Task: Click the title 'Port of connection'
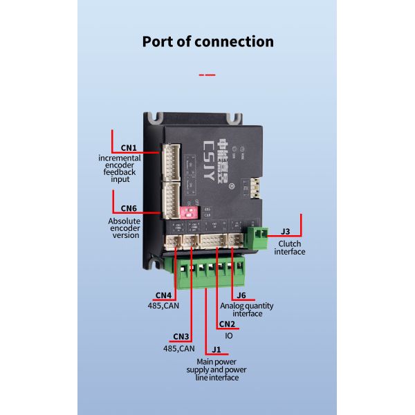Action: (x=207, y=41)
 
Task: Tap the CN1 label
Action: (x=129, y=147)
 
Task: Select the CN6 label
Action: (x=129, y=208)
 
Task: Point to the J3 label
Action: (x=286, y=232)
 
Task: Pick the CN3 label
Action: (x=181, y=337)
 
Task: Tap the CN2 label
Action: (x=227, y=324)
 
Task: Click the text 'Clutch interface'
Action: (x=289, y=248)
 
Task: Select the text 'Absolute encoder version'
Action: (x=124, y=228)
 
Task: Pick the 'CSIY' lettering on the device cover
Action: (x=209, y=158)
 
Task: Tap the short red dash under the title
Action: (x=207, y=74)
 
